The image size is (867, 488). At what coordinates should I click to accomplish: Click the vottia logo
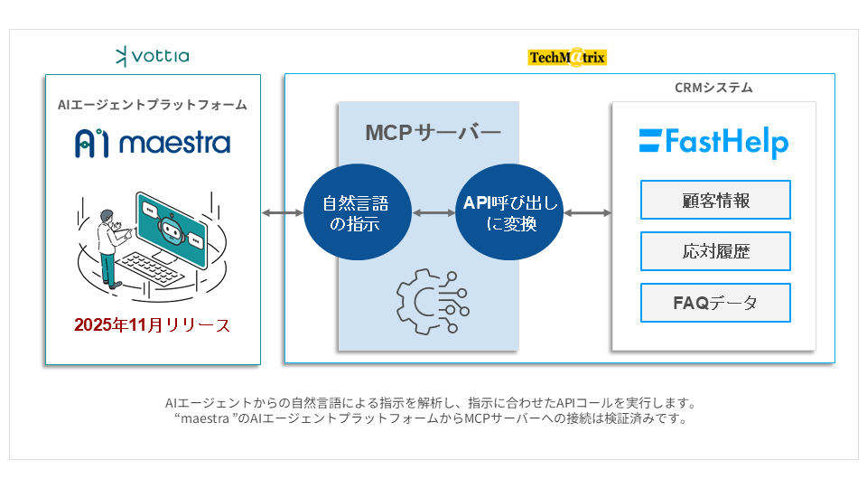[153, 57]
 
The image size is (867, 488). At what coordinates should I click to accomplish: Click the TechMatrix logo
[567, 58]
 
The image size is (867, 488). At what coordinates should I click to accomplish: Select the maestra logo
[153, 142]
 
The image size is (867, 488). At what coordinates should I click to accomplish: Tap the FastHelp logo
[713, 142]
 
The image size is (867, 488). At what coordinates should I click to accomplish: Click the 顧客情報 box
[715, 200]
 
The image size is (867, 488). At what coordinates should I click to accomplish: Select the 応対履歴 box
[715, 251]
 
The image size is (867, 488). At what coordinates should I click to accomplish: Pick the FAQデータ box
[715, 303]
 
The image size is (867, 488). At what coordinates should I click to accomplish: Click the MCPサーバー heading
[432, 133]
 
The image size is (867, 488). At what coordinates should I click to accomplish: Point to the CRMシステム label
[713, 89]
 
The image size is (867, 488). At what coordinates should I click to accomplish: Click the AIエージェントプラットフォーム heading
[153, 105]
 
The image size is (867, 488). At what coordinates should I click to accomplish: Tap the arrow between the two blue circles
[433, 213]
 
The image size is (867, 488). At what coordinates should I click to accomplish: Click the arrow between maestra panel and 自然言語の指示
[283, 213]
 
